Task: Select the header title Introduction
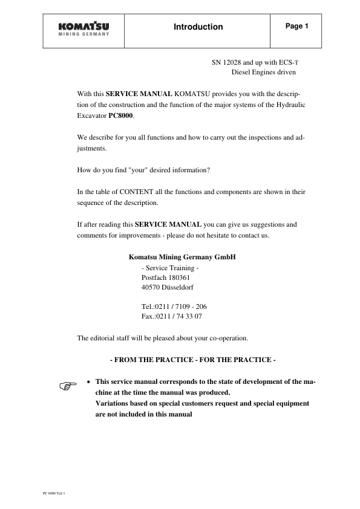tap(198, 27)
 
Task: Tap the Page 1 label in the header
tap(296, 27)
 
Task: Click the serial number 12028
tap(232, 62)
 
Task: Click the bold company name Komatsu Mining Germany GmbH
tap(182, 257)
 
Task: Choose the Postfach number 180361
tap(179, 277)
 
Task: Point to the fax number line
tap(171, 316)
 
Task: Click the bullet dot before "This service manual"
tap(90, 382)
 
